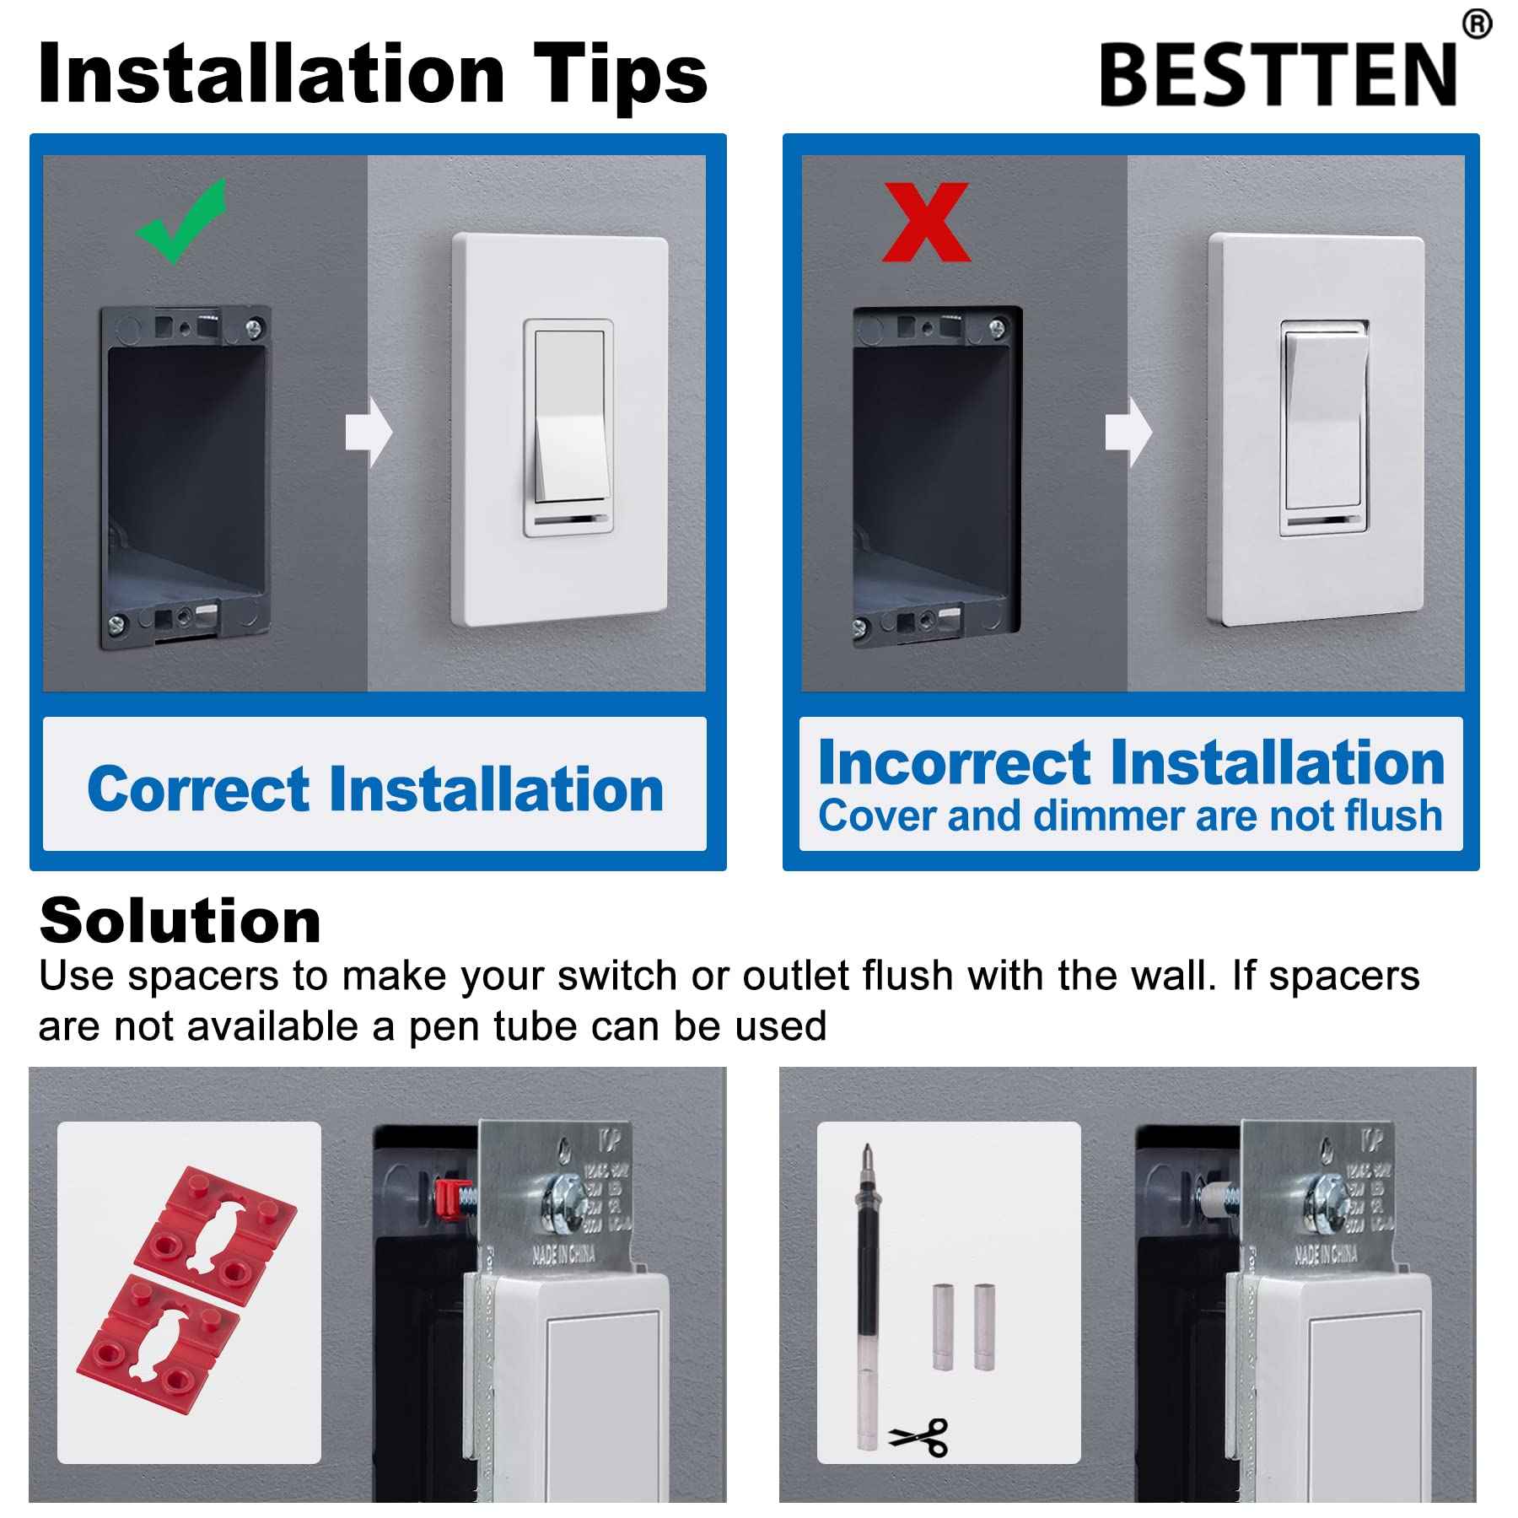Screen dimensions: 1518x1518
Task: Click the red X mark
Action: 926,223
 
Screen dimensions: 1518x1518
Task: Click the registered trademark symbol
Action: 1477,24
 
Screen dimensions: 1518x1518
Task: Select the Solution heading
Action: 180,921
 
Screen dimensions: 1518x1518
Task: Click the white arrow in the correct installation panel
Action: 369,433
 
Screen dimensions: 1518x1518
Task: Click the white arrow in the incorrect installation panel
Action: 1128,433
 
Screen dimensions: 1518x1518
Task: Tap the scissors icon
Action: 919,1435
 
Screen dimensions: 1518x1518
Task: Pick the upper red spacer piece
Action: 215,1221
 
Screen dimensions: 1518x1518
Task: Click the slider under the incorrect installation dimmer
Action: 1323,521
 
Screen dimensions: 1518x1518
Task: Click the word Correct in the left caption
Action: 199,790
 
